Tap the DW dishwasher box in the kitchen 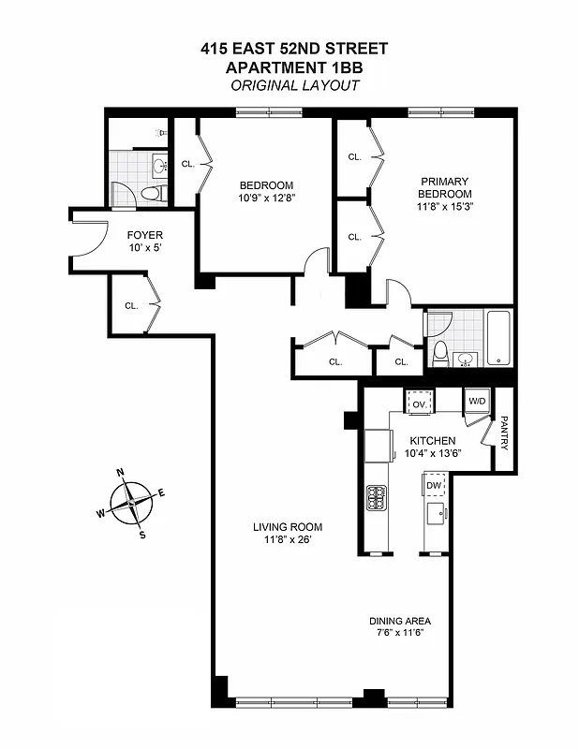(x=434, y=486)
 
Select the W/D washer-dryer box (x=477, y=401)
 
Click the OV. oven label (x=419, y=404)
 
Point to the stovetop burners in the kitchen (x=377, y=495)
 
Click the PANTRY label (x=503, y=433)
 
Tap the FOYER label (x=145, y=235)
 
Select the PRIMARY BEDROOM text (x=444, y=187)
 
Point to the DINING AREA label (x=399, y=621)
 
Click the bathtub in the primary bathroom (x=498, y=338)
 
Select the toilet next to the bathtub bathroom (x=440, y=353)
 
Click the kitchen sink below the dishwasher (x=434, y=513)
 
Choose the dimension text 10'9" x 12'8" (x=266, y=198)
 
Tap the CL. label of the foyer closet (x=131, y=305)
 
